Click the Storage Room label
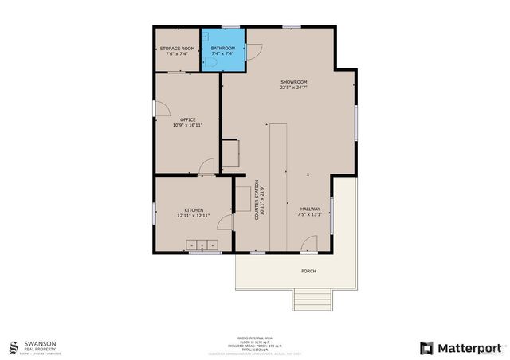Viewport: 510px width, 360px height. coord(176,49)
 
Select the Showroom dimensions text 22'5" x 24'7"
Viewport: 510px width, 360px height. coord(293,88)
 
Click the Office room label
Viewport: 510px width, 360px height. coord(187,120)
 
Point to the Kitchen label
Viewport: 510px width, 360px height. coord(194,210)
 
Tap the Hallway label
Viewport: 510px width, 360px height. coord(309,209)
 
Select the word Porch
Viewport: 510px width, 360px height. coord(308,271)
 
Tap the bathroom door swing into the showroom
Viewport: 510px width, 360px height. coord(253,52)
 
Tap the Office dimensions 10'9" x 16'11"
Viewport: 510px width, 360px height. coord(187,126)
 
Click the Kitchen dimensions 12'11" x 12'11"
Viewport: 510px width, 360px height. coord(194,216)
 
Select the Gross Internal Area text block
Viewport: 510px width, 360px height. coord(254,344)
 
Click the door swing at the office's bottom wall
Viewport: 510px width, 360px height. coord(206,167)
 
